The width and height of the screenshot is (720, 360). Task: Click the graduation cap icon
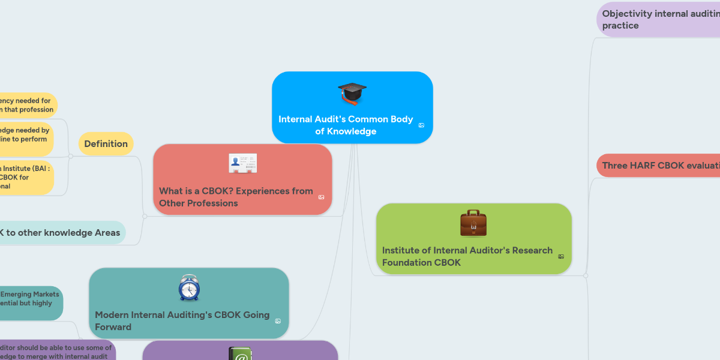(x=352, y=93)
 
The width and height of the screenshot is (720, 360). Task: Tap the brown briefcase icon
(x=473, y=223)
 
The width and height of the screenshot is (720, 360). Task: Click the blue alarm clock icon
(x=189, y=287)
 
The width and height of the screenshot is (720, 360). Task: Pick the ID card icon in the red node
(x=242, y=164)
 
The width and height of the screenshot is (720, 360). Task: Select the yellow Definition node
(x=106, y=144)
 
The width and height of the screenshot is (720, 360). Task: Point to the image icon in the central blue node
(x=421, y=125)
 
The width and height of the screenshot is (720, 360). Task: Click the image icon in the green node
(x=561, y=257)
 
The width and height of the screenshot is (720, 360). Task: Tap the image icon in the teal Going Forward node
(x=278, y=321)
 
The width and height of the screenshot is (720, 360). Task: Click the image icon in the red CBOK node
(x=321, y=197)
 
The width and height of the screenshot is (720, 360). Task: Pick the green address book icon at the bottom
(x=241, y=355)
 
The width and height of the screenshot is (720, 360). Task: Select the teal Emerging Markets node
(x=30, y=303)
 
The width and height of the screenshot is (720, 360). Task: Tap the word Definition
(x=106, y=144)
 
